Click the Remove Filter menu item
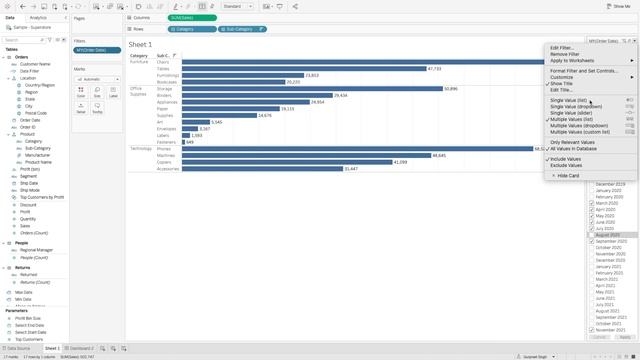pos(566,54)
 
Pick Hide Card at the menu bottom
pos(567,175)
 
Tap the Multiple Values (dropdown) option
pos(579,125)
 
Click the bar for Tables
pos(299,69)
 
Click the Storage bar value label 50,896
pos(451,89)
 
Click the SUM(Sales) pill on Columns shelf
pos(191,18)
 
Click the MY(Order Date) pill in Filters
pos(97,49)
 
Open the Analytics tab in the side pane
pos(38,18)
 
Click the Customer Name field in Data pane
pos(36,64)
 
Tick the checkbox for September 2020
pos(592,242)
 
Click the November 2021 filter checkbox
pos(592,330)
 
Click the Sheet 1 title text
pos(141,44)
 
